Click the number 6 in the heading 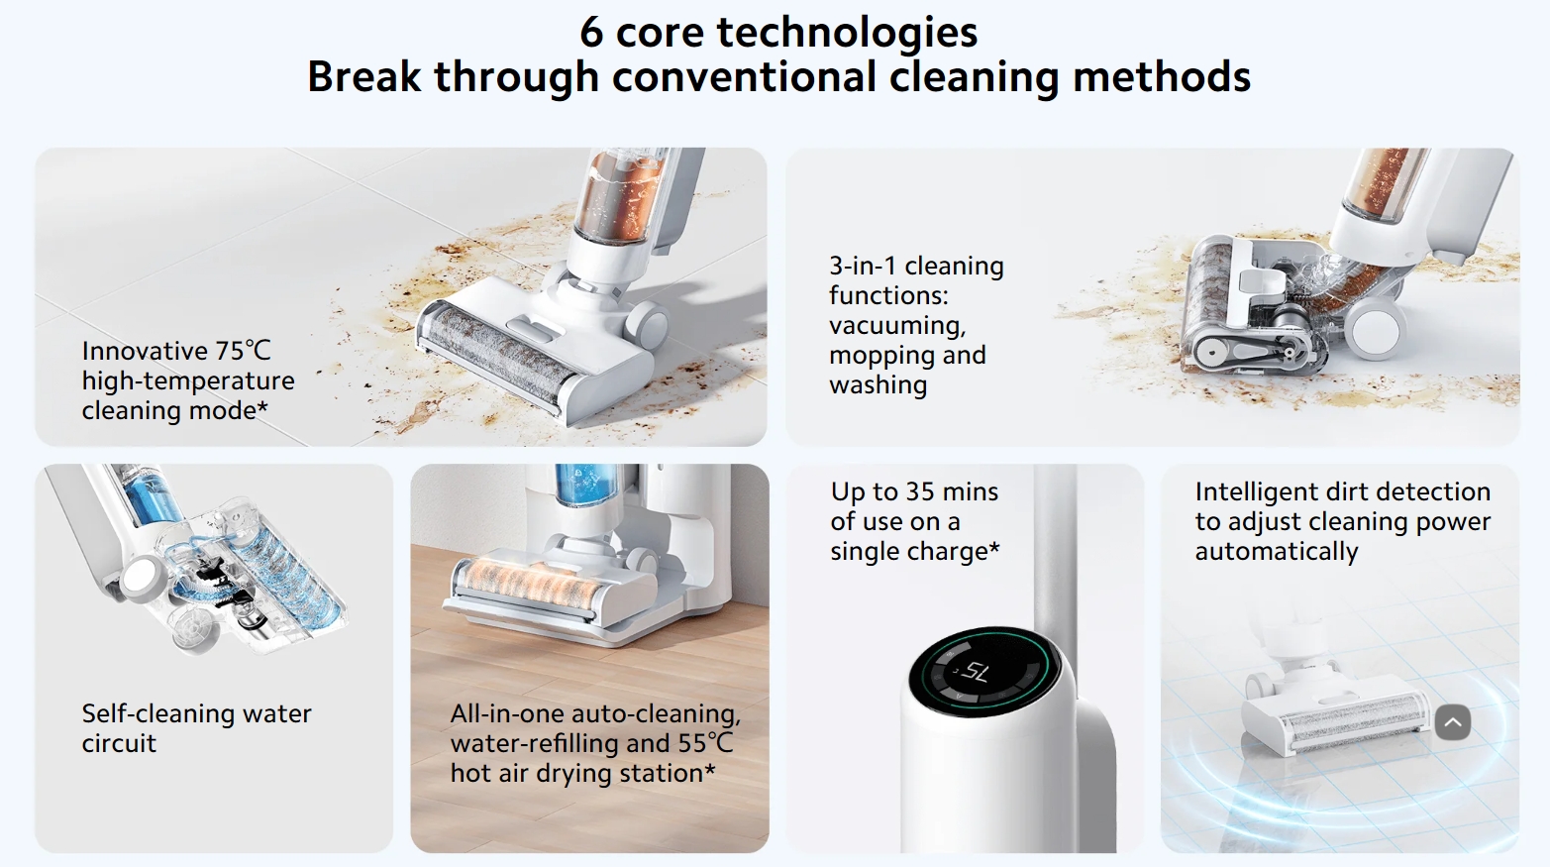point(591,33)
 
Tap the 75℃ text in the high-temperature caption point(243,351)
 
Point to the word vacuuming point(896,325)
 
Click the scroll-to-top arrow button point(1452,722)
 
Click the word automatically point(1276,552)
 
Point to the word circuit point(119,743)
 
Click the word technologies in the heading point(847,33)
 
